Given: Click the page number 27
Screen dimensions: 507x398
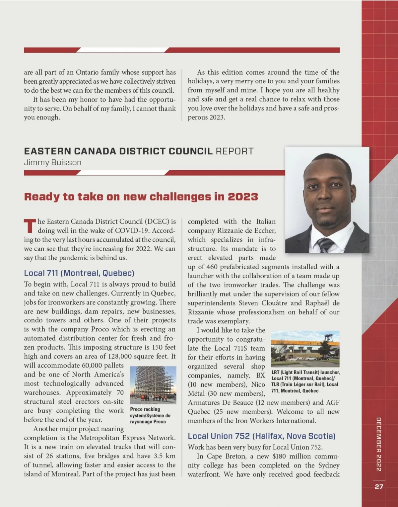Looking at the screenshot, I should tap(379, 487).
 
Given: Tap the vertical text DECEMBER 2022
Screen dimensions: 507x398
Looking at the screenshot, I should tap(379, 444).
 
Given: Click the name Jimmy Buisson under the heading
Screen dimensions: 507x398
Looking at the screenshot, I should tap(52, 163).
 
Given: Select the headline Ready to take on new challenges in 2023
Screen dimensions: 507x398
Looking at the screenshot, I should tap(141, 197).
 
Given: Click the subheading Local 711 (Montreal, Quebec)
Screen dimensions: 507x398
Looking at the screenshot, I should tap(79, 273).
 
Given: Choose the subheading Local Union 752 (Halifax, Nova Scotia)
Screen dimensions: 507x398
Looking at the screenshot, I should tap(262, 436).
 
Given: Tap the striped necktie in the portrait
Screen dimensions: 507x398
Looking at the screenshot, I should tap(325, 245).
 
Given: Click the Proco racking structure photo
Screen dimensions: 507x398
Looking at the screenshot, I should tap(153, 385).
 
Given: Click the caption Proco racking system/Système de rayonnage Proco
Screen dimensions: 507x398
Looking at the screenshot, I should tap(150, 415).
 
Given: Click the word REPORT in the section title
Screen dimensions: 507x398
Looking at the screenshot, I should tap(234, 151).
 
